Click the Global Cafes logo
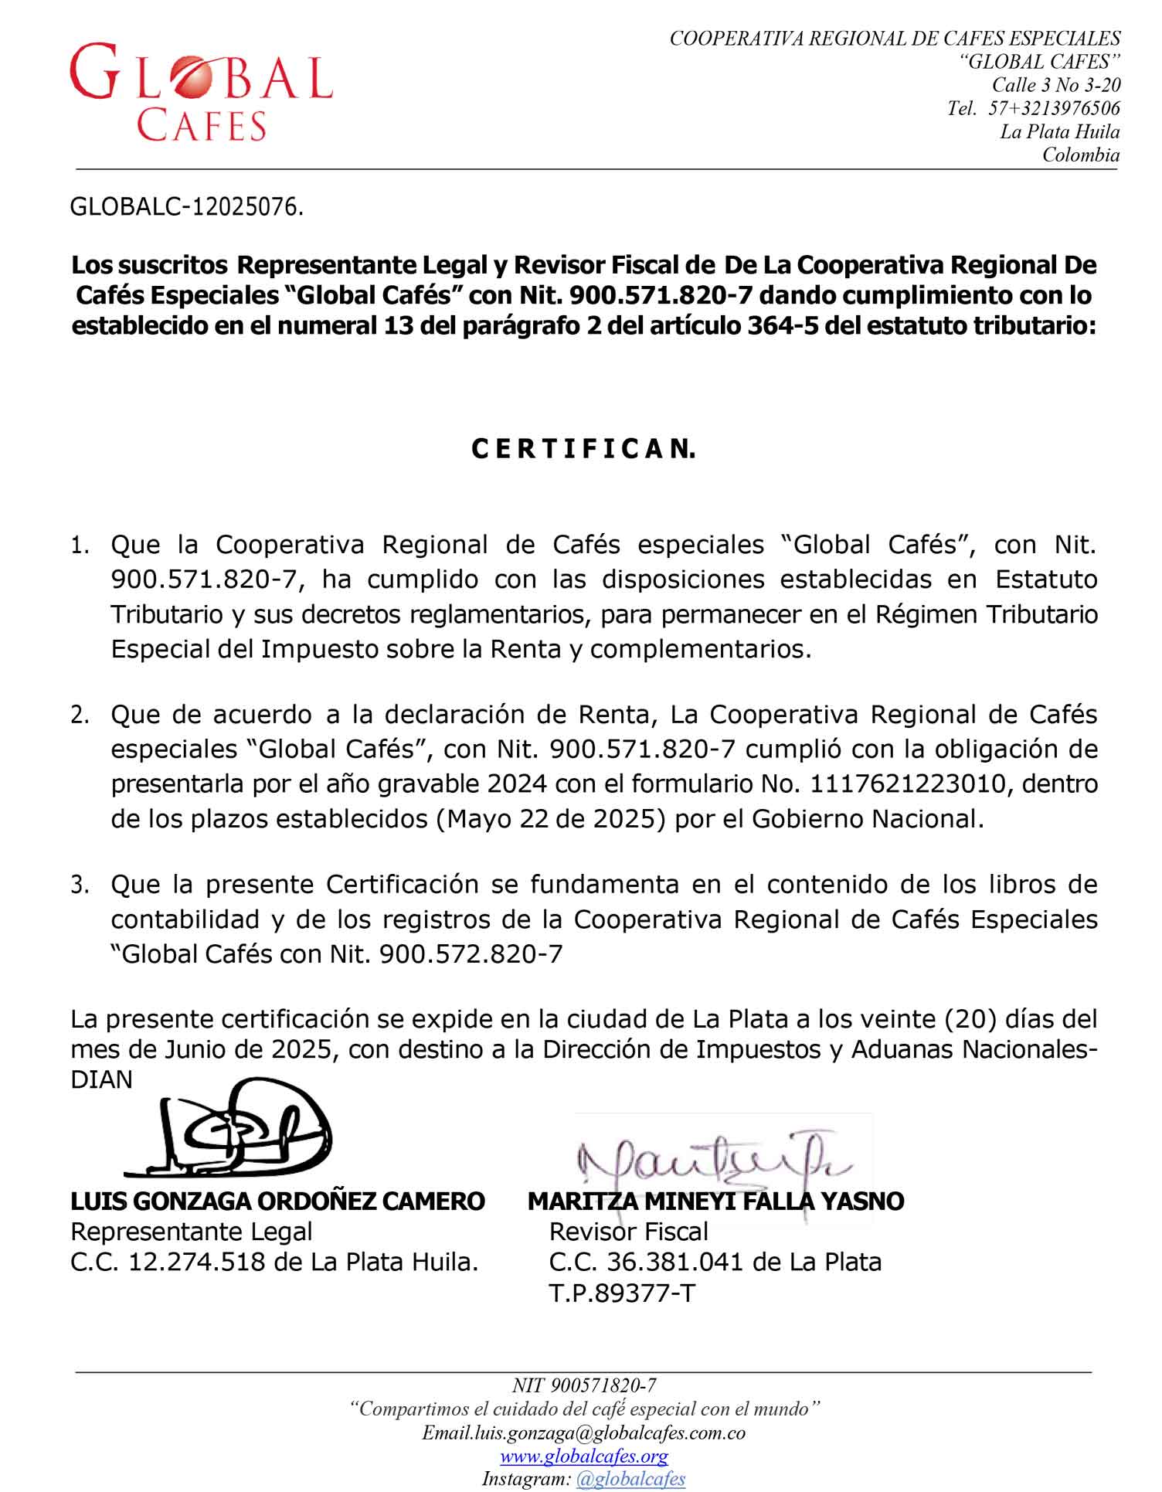pyautogui.click(x=201, y=91)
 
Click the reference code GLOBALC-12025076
pyautogui.click(x=186, y=207)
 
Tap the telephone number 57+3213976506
pyautogui.click(x=1054, y=108)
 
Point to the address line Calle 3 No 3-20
pyautogui.click(x=1056, y=85)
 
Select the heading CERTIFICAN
pyautogui.click(x=583, y=450)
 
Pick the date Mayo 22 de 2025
pyautogui.click(x=551, y=819)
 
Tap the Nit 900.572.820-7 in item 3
pyautogui.click(x=471, y=954)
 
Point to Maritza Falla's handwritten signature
pyautogui.click(x=711, y=1159)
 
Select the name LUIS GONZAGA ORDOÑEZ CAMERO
pyautogui.click(x=277, y=1201)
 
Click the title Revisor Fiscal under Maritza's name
pyautogui.click(x=628, y=1232)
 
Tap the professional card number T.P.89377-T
pyautogui.click(x=622, y=1293)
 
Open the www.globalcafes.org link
pyautogui.click(x=583, y=1456)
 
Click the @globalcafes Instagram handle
pyautogui.click(x=630, y=1479)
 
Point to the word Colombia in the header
pyautogui.click(x=1080, y=155)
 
